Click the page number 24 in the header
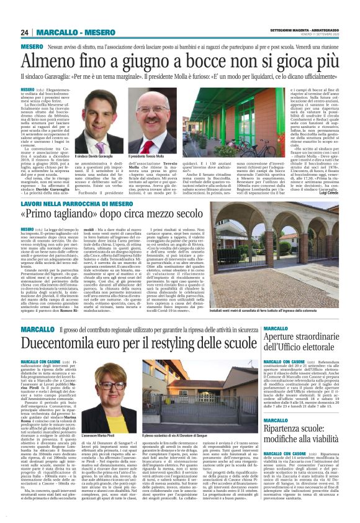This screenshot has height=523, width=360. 25,32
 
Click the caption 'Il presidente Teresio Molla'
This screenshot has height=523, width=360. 147,156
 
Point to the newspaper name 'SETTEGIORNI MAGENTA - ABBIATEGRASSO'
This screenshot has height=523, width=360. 307,29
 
